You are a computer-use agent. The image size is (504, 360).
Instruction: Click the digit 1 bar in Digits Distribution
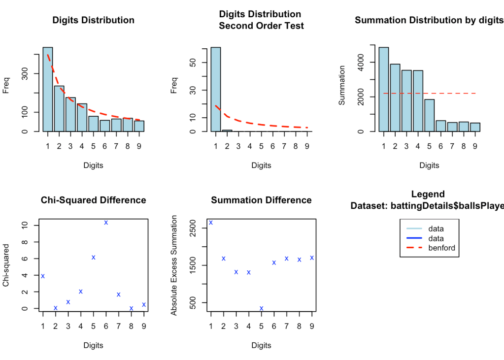48,90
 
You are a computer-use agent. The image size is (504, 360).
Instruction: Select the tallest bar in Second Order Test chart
216,90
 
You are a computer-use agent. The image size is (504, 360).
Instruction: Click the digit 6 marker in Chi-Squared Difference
106,223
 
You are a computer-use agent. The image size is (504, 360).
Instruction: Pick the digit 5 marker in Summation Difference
262,308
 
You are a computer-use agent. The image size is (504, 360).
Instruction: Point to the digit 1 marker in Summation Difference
211,223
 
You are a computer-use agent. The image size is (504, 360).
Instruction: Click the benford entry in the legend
442,248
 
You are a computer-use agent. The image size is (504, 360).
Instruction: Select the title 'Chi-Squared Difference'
93,200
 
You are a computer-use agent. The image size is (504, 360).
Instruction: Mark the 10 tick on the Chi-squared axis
23,226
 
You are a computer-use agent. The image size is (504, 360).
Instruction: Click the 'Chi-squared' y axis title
6,266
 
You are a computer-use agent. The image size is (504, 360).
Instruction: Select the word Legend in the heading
428,194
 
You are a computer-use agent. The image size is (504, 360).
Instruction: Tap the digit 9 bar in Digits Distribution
139,126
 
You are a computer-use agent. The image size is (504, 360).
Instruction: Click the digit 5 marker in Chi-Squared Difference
94,257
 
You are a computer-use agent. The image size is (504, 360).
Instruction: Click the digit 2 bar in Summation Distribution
395,98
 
